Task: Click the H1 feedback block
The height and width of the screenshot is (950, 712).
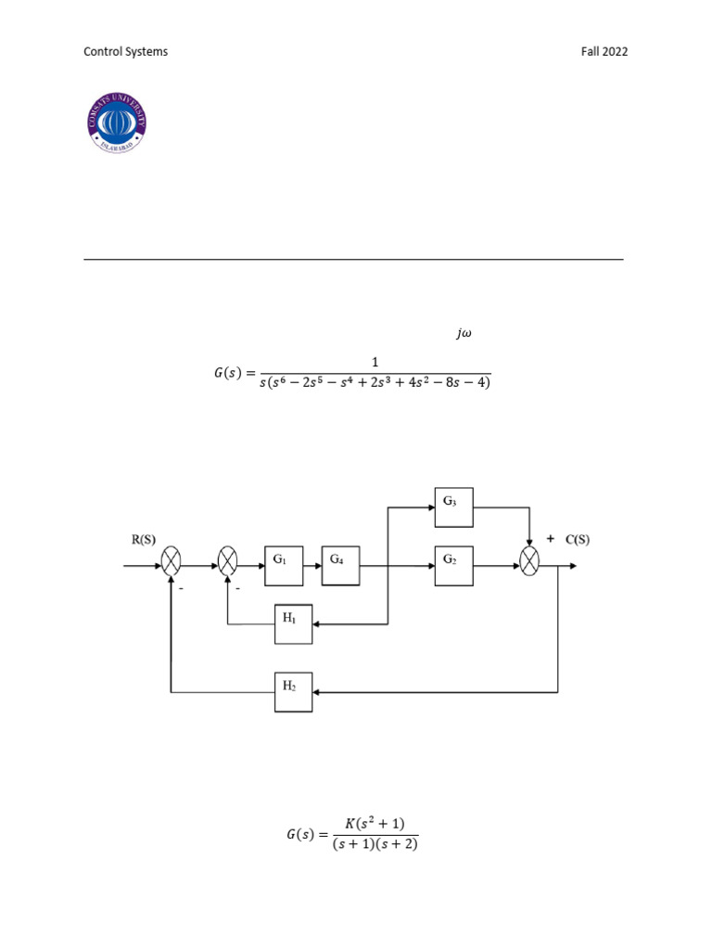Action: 293,623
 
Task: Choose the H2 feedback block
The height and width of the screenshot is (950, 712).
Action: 293,691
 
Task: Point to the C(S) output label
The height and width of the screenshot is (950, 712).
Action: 577,539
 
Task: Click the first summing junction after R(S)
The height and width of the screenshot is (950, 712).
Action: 172,560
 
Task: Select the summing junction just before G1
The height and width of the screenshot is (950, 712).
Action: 228,560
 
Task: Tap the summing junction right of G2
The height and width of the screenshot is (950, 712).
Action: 529,560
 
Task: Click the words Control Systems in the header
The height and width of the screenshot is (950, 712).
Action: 126,52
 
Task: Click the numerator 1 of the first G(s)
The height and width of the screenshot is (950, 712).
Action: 375,362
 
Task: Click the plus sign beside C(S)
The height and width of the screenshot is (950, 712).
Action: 551,538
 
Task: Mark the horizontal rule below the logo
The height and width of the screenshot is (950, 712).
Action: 353,260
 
